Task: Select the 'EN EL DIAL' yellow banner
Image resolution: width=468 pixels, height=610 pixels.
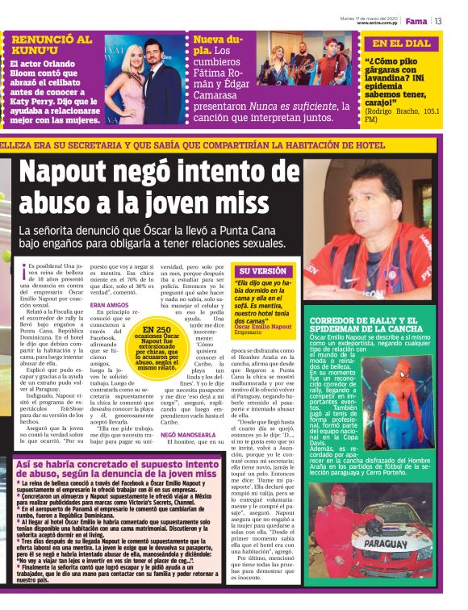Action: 401,44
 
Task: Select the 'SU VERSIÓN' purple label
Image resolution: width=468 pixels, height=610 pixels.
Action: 263,270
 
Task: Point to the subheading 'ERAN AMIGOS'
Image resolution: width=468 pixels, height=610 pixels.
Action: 109,305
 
